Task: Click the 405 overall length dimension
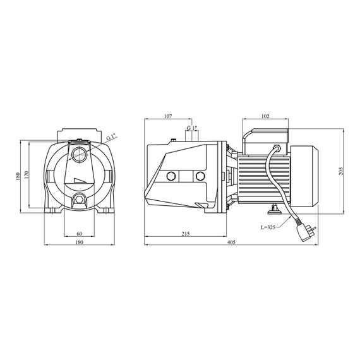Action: tap(231, 242)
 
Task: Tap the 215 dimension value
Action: tap(186, 234)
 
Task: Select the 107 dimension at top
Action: tap(168, 116)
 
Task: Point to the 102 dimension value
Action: tap(265, 116)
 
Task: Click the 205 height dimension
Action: tap(341, 171)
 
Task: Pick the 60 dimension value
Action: tap(79, 234)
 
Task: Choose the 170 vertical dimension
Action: tap(27, 175)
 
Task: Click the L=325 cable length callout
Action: tap(268, 227)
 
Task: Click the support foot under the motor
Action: tap(274, 210)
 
